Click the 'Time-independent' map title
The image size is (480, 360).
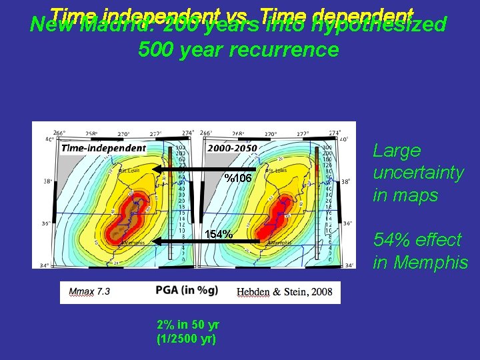pyautogui.click(x=103, y=148)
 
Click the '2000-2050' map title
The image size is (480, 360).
pyautogui.click(x=231, y=148)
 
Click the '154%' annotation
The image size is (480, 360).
pyautogui.click(x=219, y=235)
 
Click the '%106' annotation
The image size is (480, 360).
pyautogui.click(x=237, y=179)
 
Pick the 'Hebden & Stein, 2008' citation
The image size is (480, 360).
pyautogui.click(x=284, y=293)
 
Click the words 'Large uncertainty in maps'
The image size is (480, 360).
pyautogui.click(x=418, y=173)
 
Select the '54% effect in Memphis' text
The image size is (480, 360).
pyautogui.click(x=420, y=251)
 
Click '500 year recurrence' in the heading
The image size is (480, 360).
pyautogui.click(x=238, y=50)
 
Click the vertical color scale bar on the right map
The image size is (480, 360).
pyautogui.click(x=327, y=200)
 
